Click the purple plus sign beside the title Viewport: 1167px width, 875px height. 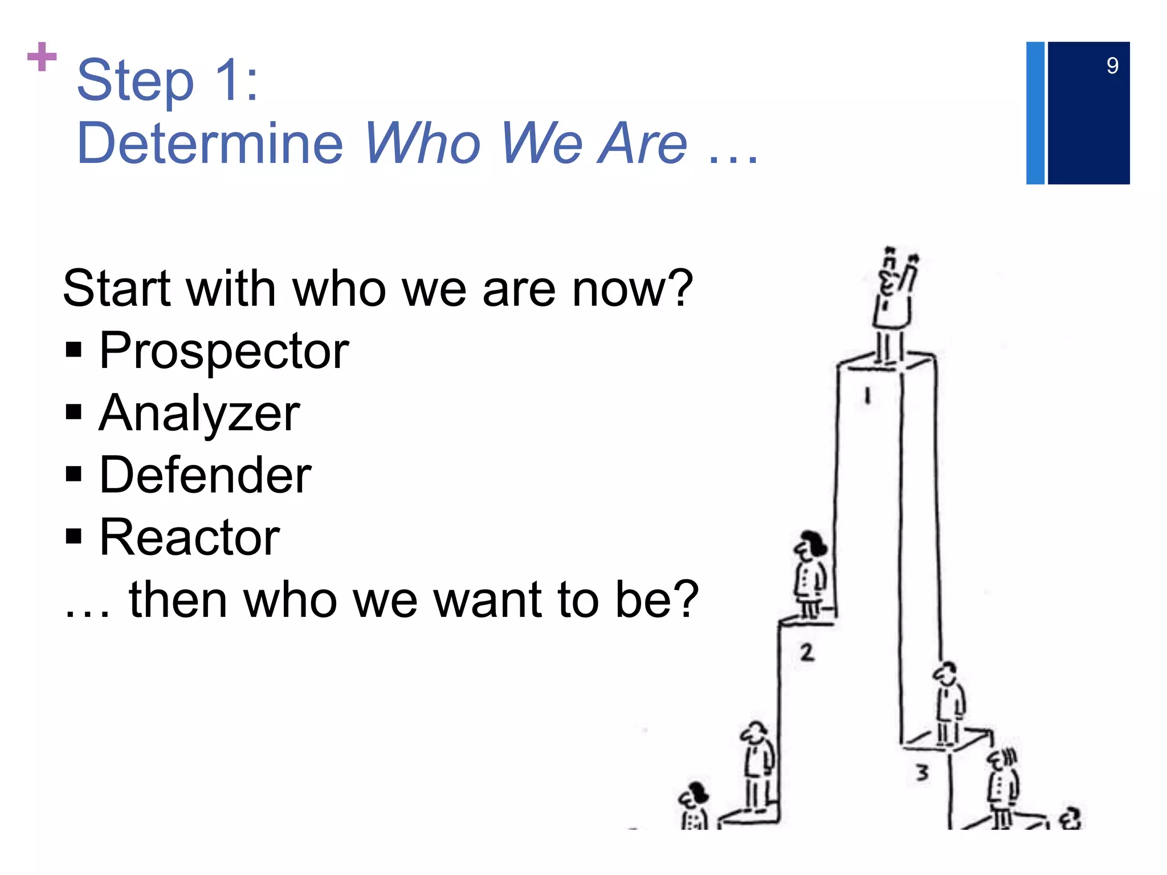pos(42,57)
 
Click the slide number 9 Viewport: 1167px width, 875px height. pos(1112,66)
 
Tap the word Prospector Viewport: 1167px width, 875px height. pos(224,351)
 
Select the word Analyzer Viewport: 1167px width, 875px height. pos(199,414)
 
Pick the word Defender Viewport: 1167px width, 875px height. pos(205,475)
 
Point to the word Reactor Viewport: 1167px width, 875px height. pos(189,537)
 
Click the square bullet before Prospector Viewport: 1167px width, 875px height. pos(74,349)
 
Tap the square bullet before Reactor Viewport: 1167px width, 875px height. pos(74,536)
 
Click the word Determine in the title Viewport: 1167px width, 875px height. pos(210,143)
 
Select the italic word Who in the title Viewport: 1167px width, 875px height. pos(423,143)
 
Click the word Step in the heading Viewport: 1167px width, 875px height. pos(136,81)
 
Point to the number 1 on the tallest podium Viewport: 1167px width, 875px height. pos(867,395)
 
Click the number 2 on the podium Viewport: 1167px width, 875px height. pos(806,652)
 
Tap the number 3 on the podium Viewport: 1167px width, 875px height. pos(922,772)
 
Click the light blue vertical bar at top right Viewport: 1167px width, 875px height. pos(1035,113)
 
